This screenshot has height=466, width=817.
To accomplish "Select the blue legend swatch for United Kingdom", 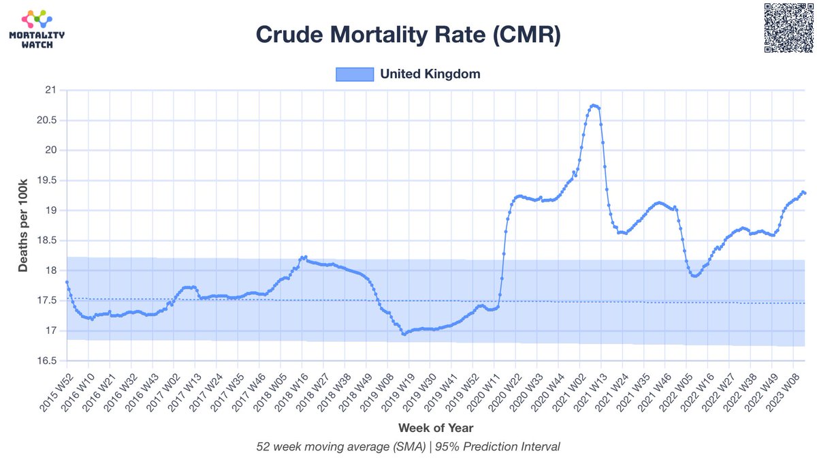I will [355, 74].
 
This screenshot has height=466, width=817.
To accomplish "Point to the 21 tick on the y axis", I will [50, 90].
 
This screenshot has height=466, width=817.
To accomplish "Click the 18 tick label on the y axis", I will [50, 270].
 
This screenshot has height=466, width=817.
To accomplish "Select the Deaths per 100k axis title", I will [23, 225].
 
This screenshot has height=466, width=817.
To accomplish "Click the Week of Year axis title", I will [435, 428].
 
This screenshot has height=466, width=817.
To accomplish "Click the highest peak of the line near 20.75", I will [594, 105].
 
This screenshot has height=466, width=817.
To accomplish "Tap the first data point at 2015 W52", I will [67, 282].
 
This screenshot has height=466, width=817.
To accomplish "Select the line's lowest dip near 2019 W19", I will [404, 334].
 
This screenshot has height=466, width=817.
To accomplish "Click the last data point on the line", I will [805, 193].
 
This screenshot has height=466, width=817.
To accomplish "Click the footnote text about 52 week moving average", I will [408, 447].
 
